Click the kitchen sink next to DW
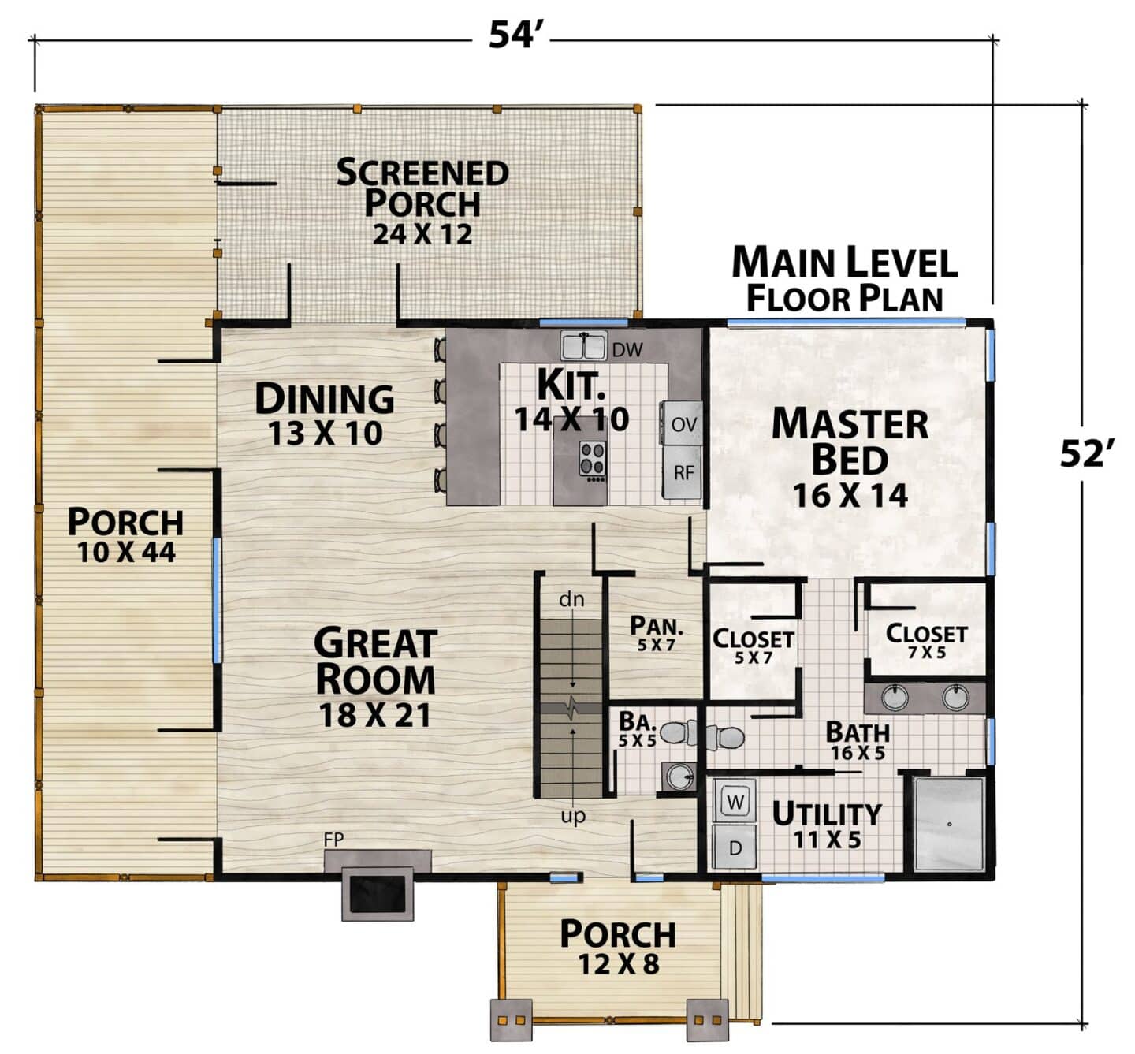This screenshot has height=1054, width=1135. tap(582, 346)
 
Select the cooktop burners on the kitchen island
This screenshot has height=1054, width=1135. tap(593, 460)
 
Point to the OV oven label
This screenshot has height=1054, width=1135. tap(683, 424)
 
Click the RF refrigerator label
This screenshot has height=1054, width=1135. tap(683, 473)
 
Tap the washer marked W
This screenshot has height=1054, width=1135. tap(735, 802)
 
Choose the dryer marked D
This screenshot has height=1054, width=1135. tap(735, 847)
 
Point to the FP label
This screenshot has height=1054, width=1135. tap(333, 840)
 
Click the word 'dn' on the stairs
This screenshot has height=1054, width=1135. tap(571, 599)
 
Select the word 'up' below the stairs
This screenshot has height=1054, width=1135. tap(573, 817)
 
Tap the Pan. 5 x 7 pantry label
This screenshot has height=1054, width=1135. tap(656, 634)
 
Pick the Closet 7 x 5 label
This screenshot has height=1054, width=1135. tap(926, 641)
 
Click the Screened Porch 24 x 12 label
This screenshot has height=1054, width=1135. tap(422, 201)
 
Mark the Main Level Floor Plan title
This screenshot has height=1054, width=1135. tap(845, 279)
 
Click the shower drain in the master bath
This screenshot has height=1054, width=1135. tap(949, 824)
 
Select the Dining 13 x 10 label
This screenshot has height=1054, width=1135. tap(325, 414)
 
